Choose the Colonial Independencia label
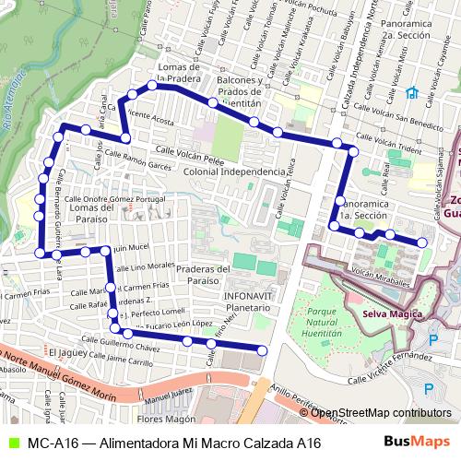tap(234, 172)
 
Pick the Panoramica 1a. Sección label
tap(366, 207)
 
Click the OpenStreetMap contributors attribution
tap(381, 413)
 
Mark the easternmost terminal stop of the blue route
tap(422, 242)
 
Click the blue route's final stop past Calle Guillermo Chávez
tap(262, 349)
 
